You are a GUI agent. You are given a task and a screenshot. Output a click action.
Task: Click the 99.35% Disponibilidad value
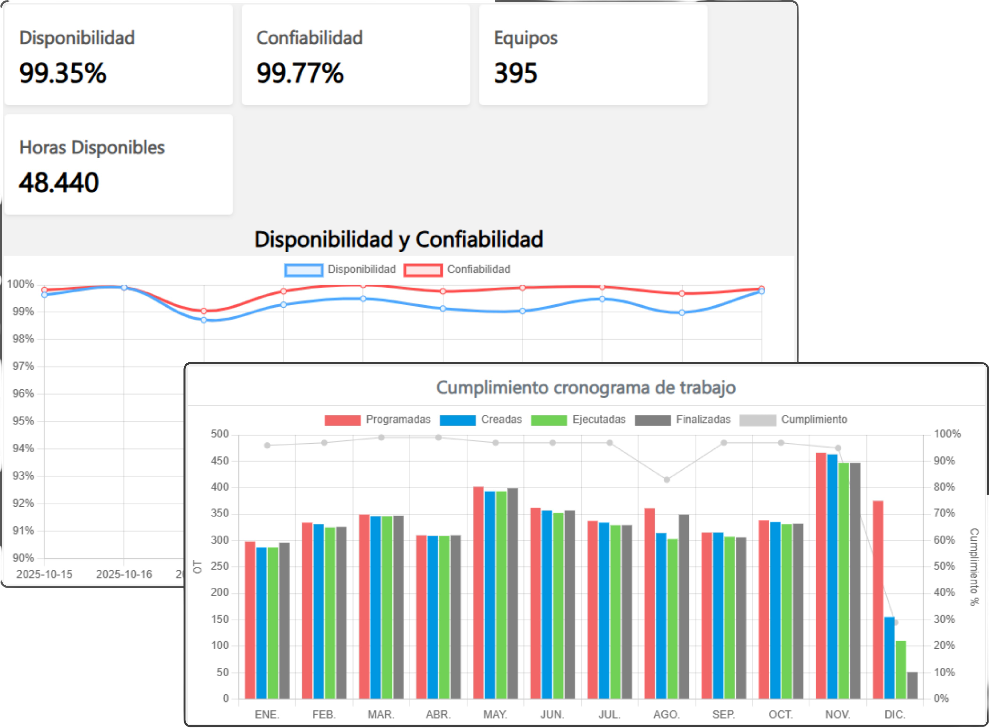63,73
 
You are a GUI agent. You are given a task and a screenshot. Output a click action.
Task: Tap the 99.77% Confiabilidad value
300,73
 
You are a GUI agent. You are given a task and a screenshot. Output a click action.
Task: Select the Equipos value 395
515,73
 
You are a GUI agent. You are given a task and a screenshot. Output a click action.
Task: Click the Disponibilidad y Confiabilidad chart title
398,239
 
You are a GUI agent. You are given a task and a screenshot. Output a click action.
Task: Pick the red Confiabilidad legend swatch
423,270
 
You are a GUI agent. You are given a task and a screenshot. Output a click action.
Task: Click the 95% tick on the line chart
23,421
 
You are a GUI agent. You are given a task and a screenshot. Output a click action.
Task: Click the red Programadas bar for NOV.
821,575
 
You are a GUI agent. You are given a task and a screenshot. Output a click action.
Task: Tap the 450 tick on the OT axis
220,461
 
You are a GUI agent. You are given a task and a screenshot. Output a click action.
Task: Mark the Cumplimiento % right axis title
974,567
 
